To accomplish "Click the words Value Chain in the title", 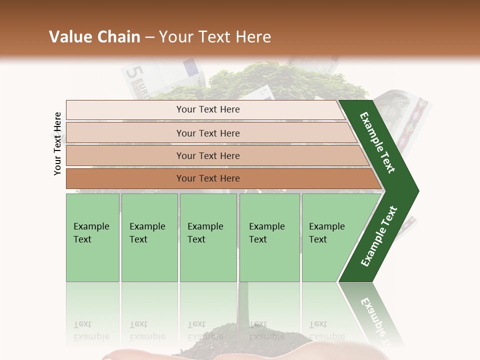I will tap(94, 37).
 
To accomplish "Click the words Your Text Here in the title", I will tap(215, 37).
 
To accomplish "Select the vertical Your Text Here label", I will tap(58, 143).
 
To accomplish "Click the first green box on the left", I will tap(92, 237).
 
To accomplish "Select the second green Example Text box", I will tap(149, 237).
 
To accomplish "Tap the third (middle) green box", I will tap(208, 237).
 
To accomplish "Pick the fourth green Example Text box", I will tap(269, 237).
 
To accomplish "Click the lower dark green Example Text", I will tap(379, 236).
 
